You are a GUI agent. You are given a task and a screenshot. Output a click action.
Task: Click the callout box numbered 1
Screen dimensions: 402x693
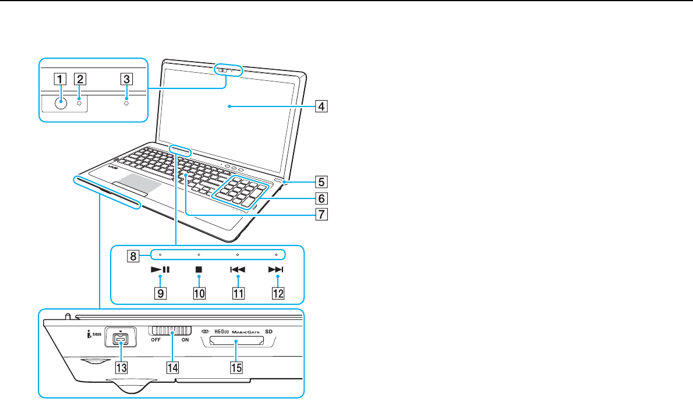click(x=59, y=78)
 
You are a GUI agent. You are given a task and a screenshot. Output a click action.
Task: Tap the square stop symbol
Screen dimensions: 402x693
click(x=199, y=270)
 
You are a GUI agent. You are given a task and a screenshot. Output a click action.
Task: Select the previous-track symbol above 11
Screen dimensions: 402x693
click(x=238, y=270)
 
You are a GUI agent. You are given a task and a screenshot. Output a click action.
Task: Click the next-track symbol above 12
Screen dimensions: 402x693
click(x=277, y=270)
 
